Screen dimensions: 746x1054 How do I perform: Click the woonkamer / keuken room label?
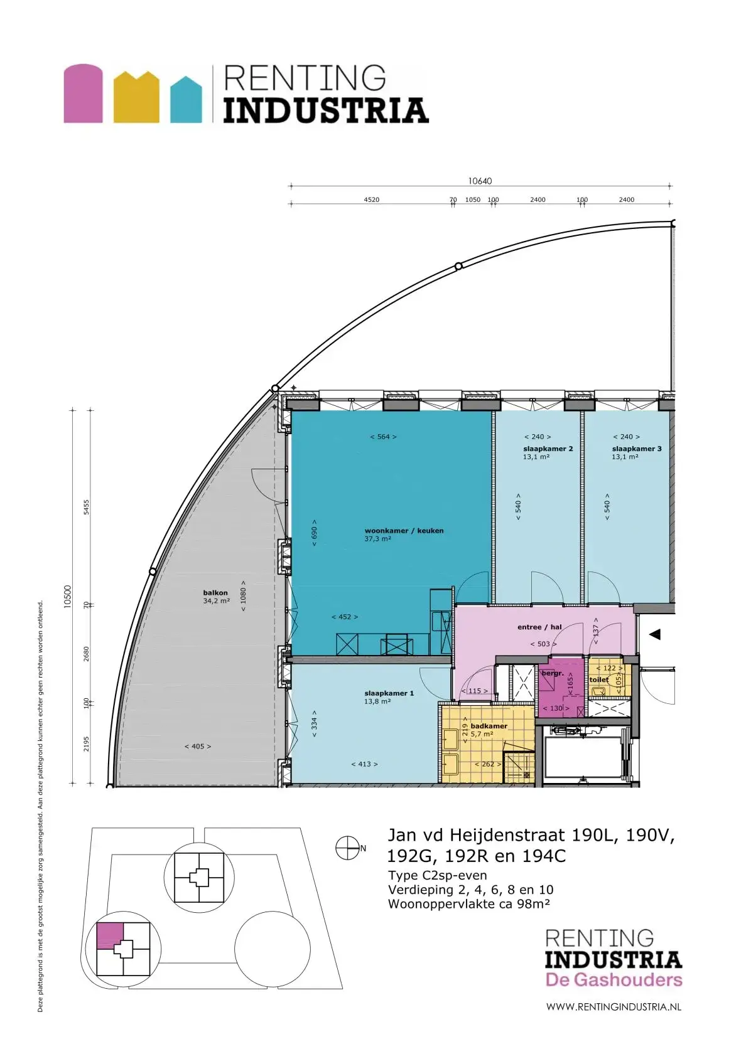[x=404, y=530]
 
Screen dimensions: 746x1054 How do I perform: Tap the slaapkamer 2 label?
[x=548, y=449]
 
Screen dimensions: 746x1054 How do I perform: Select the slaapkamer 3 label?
[x=637, y=449]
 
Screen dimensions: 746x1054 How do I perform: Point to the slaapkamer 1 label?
[x=389, y=693]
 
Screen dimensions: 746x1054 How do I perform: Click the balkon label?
[x=215, y=593]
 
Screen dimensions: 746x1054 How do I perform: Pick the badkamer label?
[x=489, y=725]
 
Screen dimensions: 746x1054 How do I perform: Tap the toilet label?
[x=598, y=679]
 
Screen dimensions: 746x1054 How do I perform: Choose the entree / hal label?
[x=539, y=627]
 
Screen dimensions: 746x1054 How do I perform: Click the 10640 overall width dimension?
[x=480, y=181]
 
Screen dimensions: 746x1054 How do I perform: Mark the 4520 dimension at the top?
[x=372, y=200]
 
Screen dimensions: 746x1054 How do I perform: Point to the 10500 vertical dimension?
[x=67, y=597]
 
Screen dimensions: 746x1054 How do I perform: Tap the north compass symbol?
[x=347, y=848]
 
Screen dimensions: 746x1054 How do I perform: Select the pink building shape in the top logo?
[x=84, y=93]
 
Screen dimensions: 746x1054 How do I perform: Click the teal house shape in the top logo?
[x=186, y=99]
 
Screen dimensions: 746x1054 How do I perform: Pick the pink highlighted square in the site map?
[x=110, y=935]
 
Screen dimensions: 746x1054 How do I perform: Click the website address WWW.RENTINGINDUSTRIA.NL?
[x=614, y=1006]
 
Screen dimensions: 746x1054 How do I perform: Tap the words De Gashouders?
[x=614, y=980]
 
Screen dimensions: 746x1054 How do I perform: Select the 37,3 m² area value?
[x=378, y=539]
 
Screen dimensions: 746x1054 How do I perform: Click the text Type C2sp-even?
[x=437, y=876]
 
